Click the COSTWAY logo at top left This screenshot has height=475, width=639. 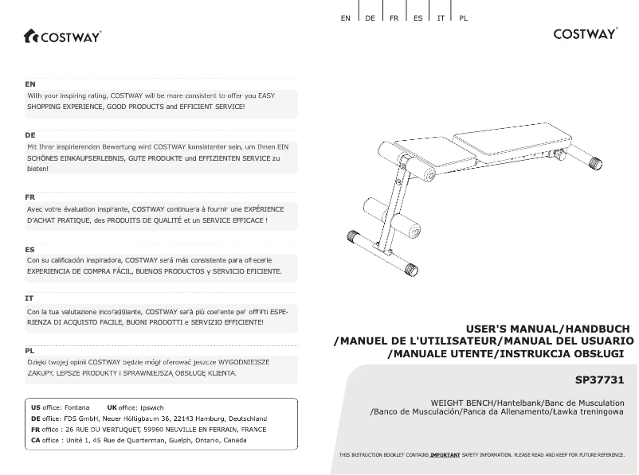coord(62,36)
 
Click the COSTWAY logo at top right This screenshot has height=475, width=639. coord(586,33)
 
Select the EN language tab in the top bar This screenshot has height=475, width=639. coord(345,18)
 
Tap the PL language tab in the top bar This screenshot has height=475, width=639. coord(463,18)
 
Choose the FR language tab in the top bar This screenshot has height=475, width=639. coord(394,18)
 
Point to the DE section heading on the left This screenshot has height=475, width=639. coord(30,135)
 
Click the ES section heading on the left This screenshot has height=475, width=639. coord(30,249)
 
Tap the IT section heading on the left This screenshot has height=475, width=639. coord(29,298)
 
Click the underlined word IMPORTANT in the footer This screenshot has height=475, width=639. coord(445,454)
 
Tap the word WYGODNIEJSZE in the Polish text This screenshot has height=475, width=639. coord(240,361)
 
